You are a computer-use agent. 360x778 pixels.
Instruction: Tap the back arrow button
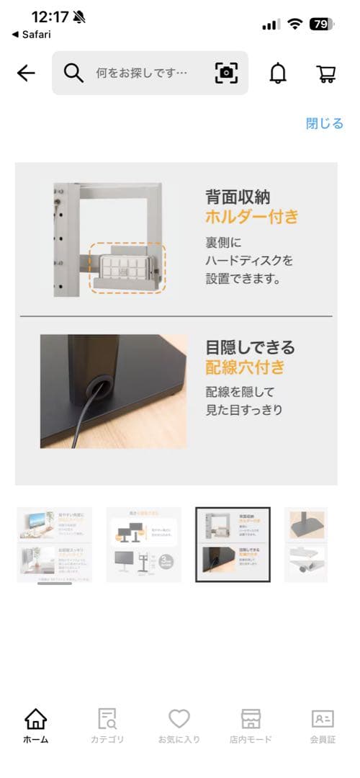tap(26, 73)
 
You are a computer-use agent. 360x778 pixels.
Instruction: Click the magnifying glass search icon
tap(73, 73)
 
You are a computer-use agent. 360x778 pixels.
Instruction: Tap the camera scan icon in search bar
tap(226, 73)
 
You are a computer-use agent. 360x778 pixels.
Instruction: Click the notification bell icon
tap(277, 73)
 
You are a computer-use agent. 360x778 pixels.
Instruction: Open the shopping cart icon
tap(326, 73)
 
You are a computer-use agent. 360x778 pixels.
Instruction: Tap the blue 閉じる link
tap(324, 123)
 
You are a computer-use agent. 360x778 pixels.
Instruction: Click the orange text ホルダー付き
tap(251, 216)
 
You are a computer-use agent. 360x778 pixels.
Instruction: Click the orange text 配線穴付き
tap(245, 367)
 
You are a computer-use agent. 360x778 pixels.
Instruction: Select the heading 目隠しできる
tap(250, 347)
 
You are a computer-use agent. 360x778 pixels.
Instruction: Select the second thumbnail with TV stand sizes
tap(144, 545)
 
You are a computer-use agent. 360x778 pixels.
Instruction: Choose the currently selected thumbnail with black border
tap(233, 545)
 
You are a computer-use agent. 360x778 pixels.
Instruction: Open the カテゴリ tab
tap(107, 724)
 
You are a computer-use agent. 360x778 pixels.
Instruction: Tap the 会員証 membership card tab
tap(323, 724)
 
